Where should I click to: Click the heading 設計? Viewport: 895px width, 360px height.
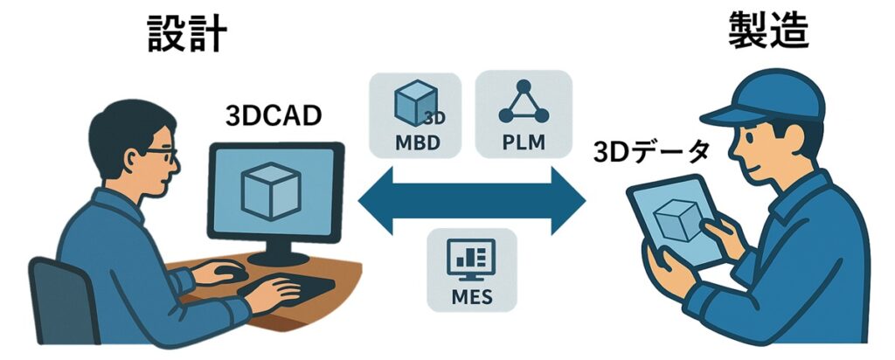tap(186, 34)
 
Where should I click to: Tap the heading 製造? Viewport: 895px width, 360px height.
tap(768, 32)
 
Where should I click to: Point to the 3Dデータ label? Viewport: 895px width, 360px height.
tap(651, 151)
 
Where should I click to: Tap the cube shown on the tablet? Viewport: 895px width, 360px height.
tap(676, 220)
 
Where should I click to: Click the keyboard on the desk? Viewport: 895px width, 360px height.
tap(297, 286)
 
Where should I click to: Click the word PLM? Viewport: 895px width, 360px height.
tap(523, 141)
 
